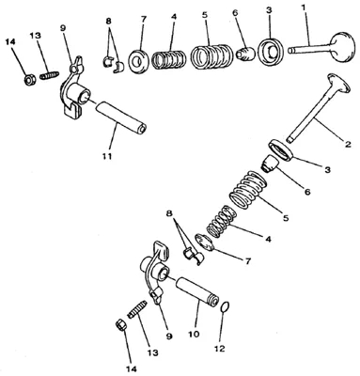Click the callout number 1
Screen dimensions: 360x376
[304, 8]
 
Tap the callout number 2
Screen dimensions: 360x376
[348, 145]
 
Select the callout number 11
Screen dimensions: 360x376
[107, 156]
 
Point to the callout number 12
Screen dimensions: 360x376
[219, 348]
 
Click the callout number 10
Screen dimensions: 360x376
[194, 334]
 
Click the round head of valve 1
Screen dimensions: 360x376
[343, 48]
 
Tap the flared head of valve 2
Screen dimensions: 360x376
[338, 83]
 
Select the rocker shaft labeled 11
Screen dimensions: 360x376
[120, 117]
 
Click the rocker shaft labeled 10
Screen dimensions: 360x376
[196, 291]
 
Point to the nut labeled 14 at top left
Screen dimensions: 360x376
[30, 80]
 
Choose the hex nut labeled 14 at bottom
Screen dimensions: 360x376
[121, 324]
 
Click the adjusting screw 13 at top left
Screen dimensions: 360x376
[50, 75]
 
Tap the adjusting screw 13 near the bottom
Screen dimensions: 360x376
[137, 308]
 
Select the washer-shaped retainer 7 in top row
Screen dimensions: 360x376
[137, 60]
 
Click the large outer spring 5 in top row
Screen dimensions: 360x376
[211, 56]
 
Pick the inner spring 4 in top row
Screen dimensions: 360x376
[168, 59]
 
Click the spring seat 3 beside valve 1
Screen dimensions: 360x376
[272, 52]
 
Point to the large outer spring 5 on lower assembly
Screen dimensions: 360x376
[249, 189]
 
